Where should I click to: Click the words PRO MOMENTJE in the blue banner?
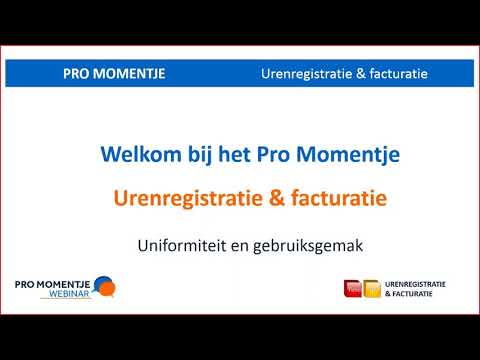[x=114, y=74]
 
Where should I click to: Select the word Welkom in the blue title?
[x=137, y=156]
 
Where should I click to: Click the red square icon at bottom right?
[x=352, y=289]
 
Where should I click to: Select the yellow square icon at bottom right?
[x=371, y=289]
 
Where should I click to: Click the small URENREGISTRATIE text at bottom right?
[x=414, y=284]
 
